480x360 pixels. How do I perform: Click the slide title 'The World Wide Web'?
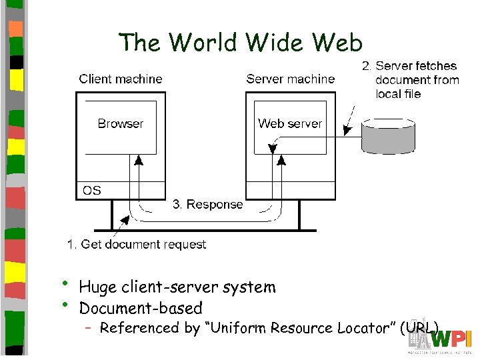(x=240, y=43)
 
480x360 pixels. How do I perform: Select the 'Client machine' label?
(x=121, y=79)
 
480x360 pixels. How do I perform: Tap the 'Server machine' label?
(x=290, y=79)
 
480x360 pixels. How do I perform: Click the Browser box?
(x=121, y=127)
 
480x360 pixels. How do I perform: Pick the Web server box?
(x=290, y=127)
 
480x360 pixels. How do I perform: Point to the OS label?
(x=92, y=191)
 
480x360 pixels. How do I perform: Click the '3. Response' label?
(x=208, y=205)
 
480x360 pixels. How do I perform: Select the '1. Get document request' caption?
(x=137, y=245)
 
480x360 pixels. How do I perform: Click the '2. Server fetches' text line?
(x=409, y=66)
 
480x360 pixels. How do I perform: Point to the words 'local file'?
(x=398, y=94)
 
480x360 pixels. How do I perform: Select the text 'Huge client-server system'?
(x=177, y=287)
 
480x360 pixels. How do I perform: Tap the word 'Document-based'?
(x=141, y=308)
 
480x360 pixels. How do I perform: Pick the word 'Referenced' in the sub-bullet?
(x=140, y=328)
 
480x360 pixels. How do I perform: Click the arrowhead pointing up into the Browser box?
(x=139, y=159)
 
